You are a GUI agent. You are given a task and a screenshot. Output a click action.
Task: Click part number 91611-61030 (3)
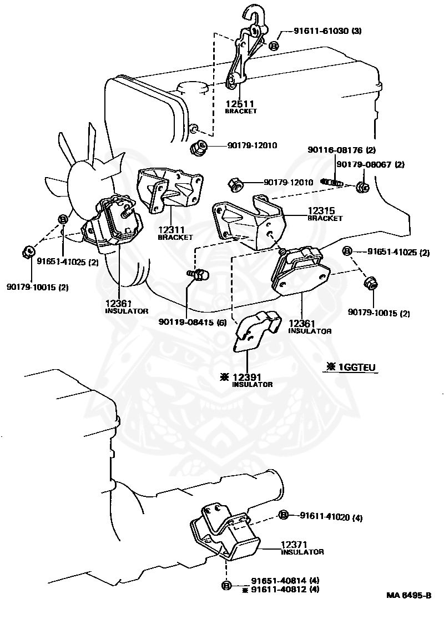point(327,31)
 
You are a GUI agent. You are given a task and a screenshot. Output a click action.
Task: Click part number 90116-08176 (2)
point(341,150)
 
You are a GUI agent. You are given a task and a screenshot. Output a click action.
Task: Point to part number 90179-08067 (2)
point(370,164)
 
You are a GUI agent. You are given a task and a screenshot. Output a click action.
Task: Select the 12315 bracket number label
point(321,210)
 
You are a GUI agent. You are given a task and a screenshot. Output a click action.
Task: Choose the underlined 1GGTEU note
point(351,368)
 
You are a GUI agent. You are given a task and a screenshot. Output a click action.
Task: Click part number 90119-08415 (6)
point(192,322)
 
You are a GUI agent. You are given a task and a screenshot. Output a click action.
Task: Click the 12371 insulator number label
point(294,545)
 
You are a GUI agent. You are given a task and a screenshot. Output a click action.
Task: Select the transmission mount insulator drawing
point(225,534)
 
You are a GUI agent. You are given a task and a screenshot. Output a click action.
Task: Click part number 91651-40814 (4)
point(285,581)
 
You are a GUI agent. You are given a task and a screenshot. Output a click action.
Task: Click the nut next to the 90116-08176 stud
point(362,187)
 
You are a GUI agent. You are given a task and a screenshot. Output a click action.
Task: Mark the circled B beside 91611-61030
point(274,46)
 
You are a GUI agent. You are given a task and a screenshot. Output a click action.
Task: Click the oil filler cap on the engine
point(193,89)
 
